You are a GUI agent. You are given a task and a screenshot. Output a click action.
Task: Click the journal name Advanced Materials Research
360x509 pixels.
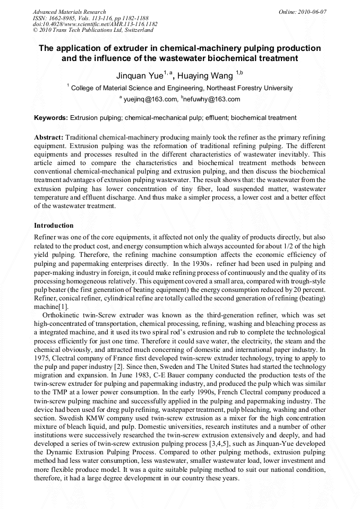click(x=69, y=12)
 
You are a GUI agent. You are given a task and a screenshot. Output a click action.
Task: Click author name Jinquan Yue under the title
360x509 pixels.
click(x=140, y=76)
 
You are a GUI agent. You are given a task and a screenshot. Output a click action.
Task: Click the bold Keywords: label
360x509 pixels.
click(x=50, y=118)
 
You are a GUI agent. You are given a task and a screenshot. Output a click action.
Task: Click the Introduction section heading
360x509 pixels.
click(x=54, y=226)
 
